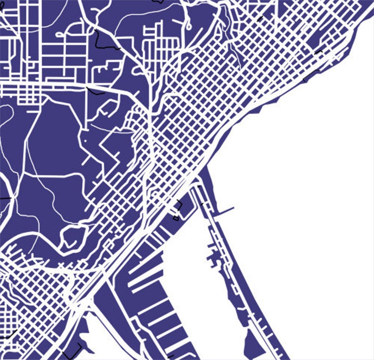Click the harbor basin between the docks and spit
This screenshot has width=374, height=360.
point(188,264)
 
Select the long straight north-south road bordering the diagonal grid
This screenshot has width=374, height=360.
point(150,141)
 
